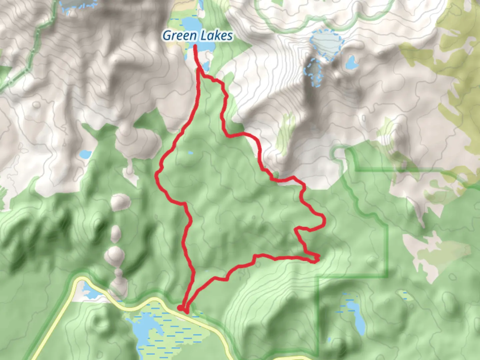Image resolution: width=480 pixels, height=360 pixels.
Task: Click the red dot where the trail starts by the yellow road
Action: click(180, 308)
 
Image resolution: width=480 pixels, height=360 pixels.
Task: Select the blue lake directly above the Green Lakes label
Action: click(191, 24)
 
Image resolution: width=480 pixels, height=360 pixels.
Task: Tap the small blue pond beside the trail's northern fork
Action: click(205, 65)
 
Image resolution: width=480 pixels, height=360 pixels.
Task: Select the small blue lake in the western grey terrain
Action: click(85, 154)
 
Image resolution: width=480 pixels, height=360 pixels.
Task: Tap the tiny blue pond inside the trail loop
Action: click(190, 153)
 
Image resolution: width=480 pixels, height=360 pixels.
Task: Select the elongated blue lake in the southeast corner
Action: click(356, 317)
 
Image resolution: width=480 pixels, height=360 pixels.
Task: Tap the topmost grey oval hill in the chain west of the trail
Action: click(120, 201)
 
